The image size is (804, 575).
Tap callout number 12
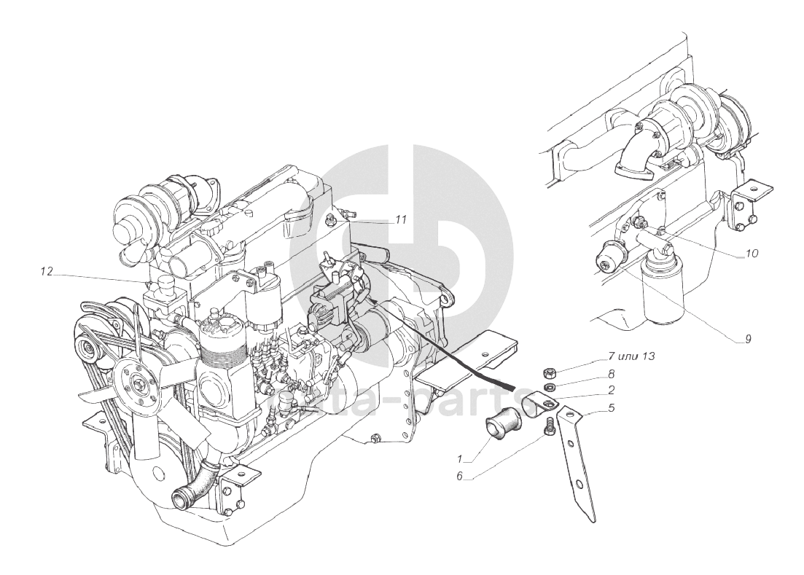click(47, 271)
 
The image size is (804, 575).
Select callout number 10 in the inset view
click(752, 254)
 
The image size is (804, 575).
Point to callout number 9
click(746, 339)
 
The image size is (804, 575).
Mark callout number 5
click(610, 408)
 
